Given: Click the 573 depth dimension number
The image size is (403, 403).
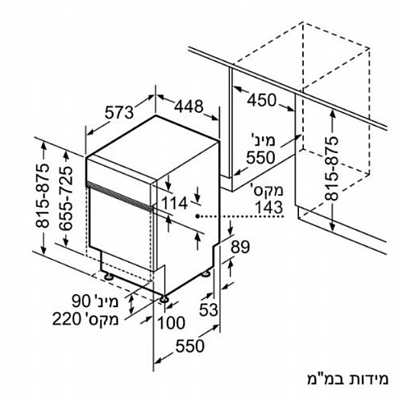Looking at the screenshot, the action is click(x=119, y=112).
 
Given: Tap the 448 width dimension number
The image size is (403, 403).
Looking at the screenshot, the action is click(x=189, y=106).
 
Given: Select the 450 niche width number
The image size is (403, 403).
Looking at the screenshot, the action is click(x=261, y=100).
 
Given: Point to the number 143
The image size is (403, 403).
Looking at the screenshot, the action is click(x=268, y=207).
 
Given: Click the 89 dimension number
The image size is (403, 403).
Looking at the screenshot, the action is click(x=240, y=247).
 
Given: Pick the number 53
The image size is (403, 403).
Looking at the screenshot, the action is click(x=208, y=310).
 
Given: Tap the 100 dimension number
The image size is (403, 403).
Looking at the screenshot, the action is click(x=171, y=322).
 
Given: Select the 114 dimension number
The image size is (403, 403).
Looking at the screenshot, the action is click(x=175, y=203).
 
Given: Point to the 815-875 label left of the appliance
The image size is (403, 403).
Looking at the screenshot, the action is click(x=43, y=196).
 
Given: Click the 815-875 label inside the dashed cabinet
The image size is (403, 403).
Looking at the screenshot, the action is click(x=330, y=168).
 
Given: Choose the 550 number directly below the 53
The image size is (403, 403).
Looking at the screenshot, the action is click(x=190, y=346).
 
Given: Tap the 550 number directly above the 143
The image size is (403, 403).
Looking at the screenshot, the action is click(x=261, y=158).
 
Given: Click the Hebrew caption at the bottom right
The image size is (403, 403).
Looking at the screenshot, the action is click(x=347, y=379).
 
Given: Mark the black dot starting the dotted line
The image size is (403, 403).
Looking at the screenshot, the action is click(x=197, y=216).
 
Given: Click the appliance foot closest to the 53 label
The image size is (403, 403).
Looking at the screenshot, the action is click(x=206, y=273).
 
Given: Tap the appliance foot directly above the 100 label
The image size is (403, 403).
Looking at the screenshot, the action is click(x=164, y=299).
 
